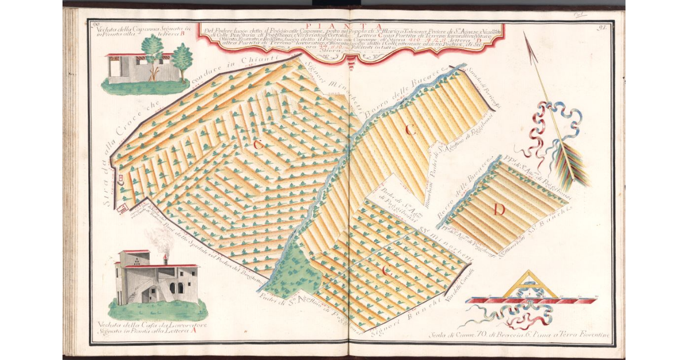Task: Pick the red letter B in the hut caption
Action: point(183,34)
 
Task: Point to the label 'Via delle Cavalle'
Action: point(467,281)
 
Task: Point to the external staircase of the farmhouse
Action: point(134,295)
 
